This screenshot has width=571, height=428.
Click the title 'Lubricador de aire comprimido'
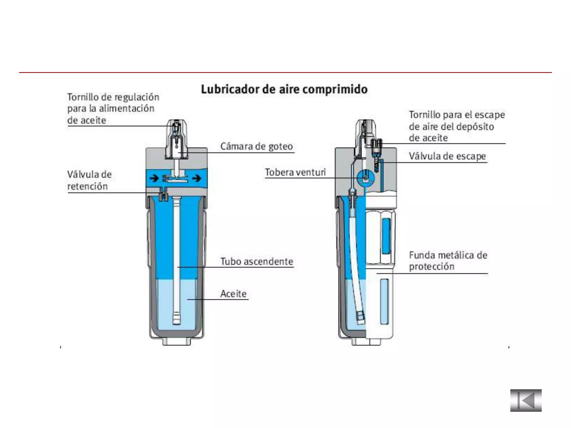(x=284, y=89)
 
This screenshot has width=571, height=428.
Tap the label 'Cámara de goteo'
(x=257, y=146)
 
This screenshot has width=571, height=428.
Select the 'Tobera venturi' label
(x=295, y=172)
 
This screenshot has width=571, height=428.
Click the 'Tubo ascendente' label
(x=257, y=261)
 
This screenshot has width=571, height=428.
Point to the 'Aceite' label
(x=233, y=294)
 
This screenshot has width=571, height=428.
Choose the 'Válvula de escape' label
(x=447, y=156)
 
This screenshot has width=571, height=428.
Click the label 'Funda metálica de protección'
(x=448, y=261)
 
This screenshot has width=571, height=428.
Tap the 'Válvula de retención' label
(x=89, y=180)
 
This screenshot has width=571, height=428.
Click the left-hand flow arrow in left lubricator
(x=154, y=178)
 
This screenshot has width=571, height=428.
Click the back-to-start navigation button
(x=526, y=400)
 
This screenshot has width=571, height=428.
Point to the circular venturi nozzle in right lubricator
(x=365, y=177)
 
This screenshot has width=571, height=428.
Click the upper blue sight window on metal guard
(x=386, y=236)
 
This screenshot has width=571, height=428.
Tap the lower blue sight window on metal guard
(x=384, y=301)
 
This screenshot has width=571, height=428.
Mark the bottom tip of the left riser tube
(x=176, y=324)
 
